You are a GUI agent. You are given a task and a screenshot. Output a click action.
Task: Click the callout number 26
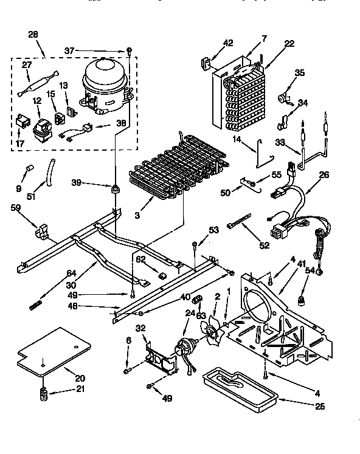pos(324,176)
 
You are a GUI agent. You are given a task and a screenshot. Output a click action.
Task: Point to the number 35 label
pos(300,73)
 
